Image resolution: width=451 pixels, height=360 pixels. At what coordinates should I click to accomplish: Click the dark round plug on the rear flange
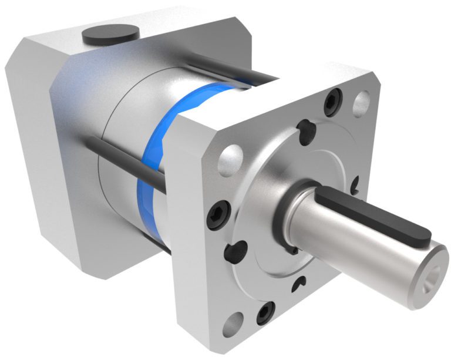(x=111, y=35)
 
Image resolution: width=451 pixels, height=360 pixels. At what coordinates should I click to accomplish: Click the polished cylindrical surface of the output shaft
(x=352, y=253)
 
